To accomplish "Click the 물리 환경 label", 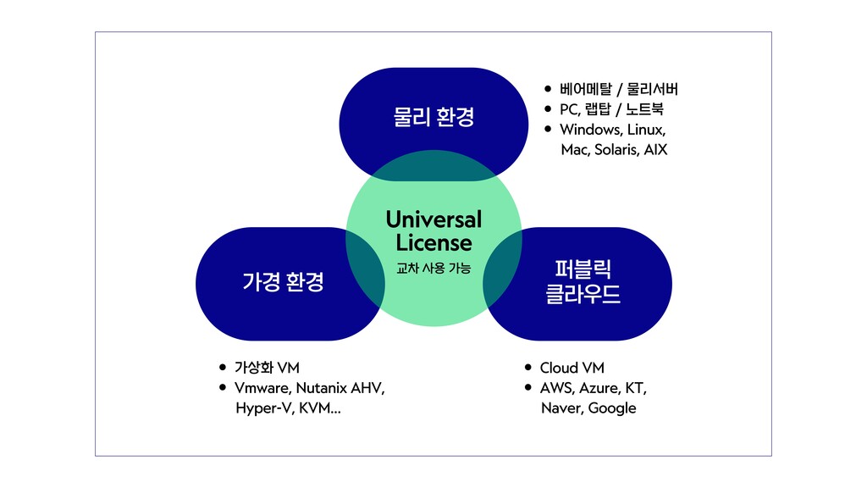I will coord(433,117).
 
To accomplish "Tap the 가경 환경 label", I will coord(283,282).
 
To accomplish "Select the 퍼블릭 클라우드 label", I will coord(583,282).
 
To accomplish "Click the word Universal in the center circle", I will coord(433,219).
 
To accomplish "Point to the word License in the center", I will coord(433,243).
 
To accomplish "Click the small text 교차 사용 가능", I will coord(433,269).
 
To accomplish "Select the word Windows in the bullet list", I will coord(590,130).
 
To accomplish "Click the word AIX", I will coord(656,150).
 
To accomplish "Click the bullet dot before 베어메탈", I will coord(548,89).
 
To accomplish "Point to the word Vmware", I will coord(262,388).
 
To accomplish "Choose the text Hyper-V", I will coord(266,408).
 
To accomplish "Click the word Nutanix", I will coord(321,388).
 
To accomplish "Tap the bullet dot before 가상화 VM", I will coord(223,368).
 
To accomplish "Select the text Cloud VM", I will coord(572,368).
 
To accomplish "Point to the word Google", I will coord(611,408).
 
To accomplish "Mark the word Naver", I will coord(561,408).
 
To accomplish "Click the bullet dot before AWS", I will coord(527,388).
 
